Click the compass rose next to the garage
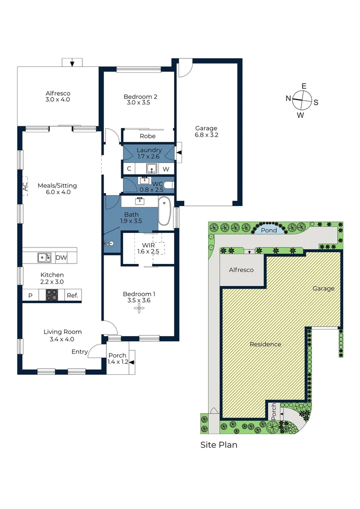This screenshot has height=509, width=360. (302, 100)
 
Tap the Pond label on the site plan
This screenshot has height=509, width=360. (269, 231)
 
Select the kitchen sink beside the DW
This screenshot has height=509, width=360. (45, 257)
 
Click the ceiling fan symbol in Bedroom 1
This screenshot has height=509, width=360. (139, 309)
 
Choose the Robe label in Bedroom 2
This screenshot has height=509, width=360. (147, 137)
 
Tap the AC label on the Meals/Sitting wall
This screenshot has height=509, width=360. (25, 188)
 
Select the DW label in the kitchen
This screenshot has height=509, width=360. (61, 257)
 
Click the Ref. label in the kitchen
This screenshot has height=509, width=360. (72, 296)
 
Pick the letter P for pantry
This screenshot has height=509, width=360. (30, 296)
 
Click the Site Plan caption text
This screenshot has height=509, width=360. (219, 444)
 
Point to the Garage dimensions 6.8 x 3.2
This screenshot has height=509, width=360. (206, 134)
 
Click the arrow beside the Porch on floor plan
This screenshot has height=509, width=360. (132, 362)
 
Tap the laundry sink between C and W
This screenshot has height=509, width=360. (151, 168)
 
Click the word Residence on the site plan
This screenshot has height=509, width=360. (265, 344)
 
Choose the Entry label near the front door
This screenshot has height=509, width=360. (79, 352)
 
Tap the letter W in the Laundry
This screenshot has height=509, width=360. (166, 169)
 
